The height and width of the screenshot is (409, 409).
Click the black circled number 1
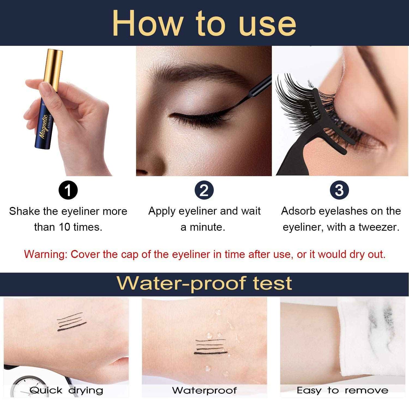(68, 190)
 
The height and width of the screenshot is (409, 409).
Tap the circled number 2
(204, 190)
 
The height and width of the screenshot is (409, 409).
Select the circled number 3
(339, 190)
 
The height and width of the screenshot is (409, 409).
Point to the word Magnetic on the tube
(43, 128)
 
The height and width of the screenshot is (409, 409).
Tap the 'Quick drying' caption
(66, 391)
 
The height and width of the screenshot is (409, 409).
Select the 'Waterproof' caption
(204, 391)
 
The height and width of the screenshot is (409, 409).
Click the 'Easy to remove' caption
(342, 391)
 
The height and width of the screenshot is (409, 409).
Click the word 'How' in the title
(147, 24)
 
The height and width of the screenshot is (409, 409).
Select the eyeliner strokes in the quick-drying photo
(71, 322)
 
